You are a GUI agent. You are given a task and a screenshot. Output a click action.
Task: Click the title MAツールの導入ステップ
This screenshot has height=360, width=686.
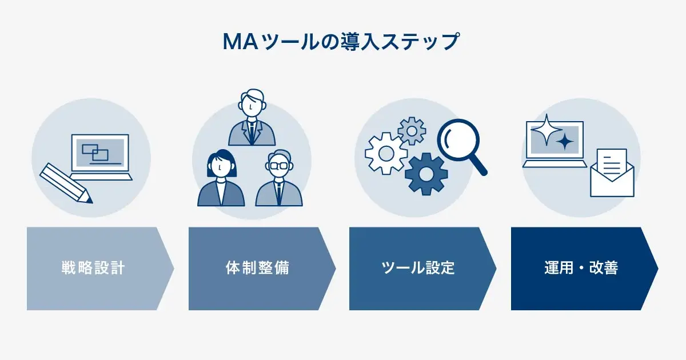[x=341, y=42]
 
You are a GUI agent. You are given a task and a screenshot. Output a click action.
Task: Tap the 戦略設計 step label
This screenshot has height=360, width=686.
[x=93, y=268]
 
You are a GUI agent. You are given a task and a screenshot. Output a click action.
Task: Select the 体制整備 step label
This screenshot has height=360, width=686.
[x=258, y=268]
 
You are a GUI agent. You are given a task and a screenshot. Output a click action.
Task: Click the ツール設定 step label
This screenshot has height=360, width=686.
[x=418, y=268]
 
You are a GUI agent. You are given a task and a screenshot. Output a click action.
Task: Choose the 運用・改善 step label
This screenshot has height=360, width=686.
[x=581, y=268]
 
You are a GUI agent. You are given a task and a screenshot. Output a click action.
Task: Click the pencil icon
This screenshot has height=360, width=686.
[x=66, y=183]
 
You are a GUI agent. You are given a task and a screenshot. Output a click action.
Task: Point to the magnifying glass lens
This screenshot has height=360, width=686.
[x=458, y=140]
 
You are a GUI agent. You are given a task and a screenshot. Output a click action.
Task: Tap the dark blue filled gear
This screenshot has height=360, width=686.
[x=426, y=174]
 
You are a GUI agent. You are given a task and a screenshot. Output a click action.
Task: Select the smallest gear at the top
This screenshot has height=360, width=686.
[x=412, y=131]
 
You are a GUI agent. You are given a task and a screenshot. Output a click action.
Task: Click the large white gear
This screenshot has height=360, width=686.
[x=386, y=153]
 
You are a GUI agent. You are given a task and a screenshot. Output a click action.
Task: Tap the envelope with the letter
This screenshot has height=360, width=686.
[x=612, y=173]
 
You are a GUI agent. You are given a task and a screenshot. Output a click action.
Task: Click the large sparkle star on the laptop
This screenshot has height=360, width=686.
[x=547, y=130]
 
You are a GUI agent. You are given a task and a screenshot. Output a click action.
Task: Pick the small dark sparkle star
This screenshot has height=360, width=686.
[x=565, y=142]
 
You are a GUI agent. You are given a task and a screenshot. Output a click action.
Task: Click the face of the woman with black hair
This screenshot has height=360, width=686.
[x=221, y=168]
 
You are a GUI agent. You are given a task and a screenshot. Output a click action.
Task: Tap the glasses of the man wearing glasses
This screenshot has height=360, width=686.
[x=278, y=166]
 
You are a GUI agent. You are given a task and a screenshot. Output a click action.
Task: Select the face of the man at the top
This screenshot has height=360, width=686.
[x=252, y=106]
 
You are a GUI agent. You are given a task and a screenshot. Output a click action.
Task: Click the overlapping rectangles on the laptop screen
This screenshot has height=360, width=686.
[x=95, y=152]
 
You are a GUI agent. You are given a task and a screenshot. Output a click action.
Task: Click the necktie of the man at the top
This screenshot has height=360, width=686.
[x=252, y=132]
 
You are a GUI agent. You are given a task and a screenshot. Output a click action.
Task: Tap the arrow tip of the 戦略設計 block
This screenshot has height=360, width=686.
[x=174, y=269]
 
